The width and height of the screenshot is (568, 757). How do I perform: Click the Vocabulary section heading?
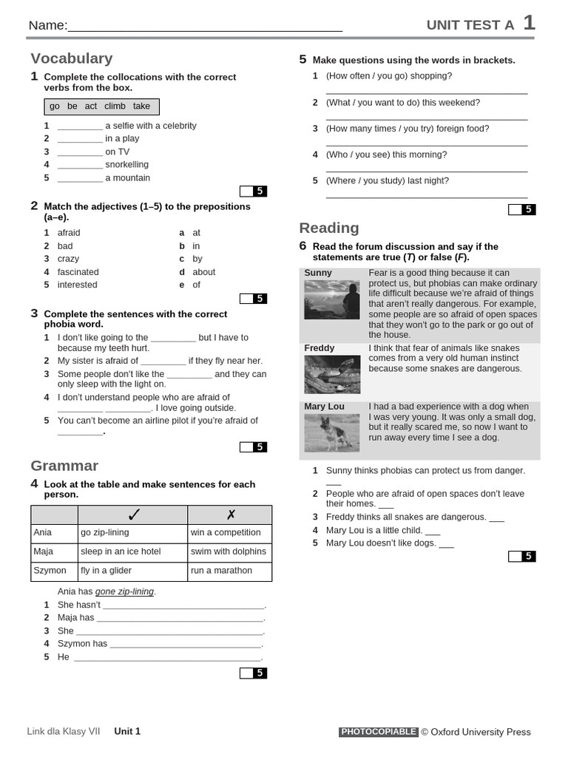(x=72, y=58)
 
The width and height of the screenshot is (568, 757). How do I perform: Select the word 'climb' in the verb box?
(x=115, y=106)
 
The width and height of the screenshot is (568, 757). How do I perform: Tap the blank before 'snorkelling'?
(x=80, y=165)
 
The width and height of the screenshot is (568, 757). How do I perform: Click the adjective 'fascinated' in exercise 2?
(x=78, y=272)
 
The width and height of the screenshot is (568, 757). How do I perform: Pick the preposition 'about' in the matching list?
(x=203, y=272)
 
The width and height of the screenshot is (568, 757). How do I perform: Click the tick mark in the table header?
(x=133, y=515)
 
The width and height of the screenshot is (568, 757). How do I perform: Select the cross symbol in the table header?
(x=230, y=515)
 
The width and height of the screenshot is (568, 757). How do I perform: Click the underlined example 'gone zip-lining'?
(x=124, y=591)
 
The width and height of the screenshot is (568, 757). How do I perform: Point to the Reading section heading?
(x=329, y=228)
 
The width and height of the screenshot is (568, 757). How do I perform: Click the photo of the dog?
(x=332, y=433)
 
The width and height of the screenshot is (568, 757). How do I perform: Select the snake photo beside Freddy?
(x=332, y=375)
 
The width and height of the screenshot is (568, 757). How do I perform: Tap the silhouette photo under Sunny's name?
(x=332, y=299)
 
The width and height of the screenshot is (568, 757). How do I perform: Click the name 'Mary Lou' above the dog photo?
(x=324, y=407)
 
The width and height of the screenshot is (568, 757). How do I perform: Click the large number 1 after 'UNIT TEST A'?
(x=529, y=23)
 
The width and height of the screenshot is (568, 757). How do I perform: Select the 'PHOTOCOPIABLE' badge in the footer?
(x=379, y=732)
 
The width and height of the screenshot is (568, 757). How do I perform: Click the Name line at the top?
(x=205, y=27)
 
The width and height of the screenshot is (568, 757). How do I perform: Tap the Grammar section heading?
(x=64, y=466)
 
